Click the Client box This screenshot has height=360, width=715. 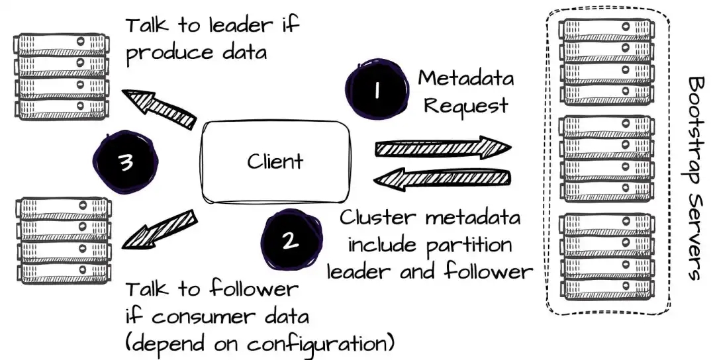click(x=275, y=161)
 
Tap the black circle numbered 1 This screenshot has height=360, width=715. click(x=375, y=91)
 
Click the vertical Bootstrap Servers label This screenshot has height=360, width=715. click(x=694, y=179)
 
